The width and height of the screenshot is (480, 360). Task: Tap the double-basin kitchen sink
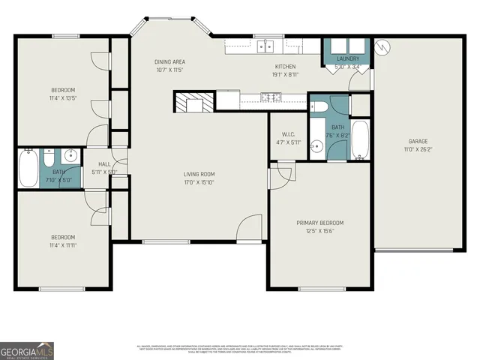point(265,46)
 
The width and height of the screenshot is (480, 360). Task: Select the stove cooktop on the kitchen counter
point(271,96)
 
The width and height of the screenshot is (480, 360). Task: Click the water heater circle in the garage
point(382,46)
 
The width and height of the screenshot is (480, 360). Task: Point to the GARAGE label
point(418,141)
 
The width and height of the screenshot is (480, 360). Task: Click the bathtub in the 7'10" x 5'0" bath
point(28,169)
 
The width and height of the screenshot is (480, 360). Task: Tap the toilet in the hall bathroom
point(49,158)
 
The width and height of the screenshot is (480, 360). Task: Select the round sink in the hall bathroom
point(70,157)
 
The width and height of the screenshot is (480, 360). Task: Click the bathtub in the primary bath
point(360,140)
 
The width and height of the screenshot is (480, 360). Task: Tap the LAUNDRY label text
point(348,58)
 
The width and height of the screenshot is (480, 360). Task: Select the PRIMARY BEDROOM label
point(320,223)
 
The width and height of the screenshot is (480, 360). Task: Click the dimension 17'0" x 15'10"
point(199,182)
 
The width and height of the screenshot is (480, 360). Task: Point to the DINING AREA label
point(170,61)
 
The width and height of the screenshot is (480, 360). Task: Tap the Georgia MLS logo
point(27,350)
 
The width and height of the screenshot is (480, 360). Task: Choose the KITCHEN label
point(285,66)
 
